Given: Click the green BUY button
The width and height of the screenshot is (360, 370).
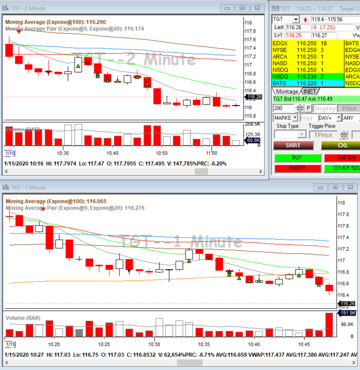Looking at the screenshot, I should [297, 158].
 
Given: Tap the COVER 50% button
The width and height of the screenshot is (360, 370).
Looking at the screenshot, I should [342, 168].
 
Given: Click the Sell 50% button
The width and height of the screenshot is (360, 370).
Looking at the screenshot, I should [342, 158].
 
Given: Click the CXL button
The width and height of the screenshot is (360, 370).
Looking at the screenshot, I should [342, 145].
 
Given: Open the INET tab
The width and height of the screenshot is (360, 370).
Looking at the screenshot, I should [310, 91].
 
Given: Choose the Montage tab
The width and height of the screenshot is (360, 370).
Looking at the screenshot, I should [287, 91].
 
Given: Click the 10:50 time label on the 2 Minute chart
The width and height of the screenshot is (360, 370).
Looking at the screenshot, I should [161, 153].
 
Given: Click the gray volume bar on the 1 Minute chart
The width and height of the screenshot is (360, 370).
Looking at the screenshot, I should [79, 333].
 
